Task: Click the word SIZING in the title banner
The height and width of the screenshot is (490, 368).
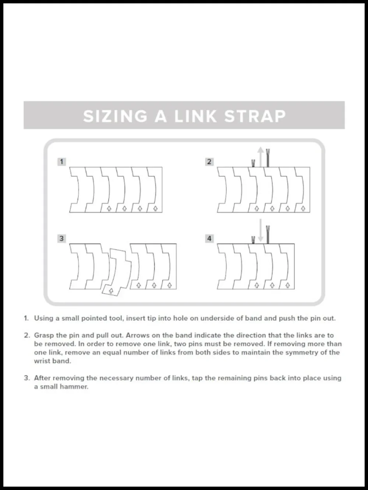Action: [x=115, y=116]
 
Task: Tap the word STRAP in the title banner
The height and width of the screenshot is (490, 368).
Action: [x=255, y=116]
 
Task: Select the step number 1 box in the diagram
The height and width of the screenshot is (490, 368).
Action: [x=62, y=162]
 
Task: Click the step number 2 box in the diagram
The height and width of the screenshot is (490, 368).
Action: [x=209, y=162]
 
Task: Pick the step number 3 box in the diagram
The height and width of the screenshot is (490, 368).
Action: [x=62, y=239]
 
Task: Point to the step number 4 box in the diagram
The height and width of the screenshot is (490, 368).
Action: [x=209, y=239]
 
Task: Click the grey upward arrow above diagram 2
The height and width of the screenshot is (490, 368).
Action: [x=261, y=157]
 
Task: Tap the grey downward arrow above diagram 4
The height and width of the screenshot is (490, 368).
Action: [x=261, y=230]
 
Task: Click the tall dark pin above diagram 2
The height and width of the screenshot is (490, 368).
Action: [x=268, y=158]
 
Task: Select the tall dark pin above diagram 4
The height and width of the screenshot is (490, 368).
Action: [x=268, y=235]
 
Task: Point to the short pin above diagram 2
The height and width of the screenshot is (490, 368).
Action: [x=253, y=163]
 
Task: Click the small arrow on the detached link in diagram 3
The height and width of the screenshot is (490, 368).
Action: [x=111, y=291]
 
